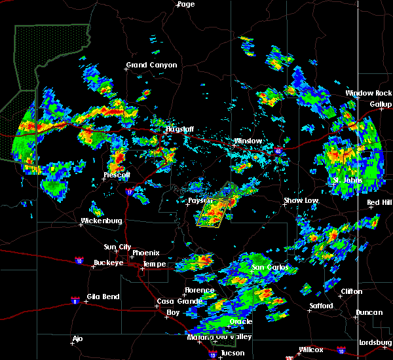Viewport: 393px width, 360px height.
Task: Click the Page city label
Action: point(186,4)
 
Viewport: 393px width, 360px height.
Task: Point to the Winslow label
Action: point(248,141)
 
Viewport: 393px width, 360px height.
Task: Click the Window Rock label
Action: point(369,93)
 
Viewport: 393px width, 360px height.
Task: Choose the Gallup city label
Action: point(381,104)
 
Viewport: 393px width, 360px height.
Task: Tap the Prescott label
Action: point(117,175)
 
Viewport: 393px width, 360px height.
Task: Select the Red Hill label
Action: point(379,202)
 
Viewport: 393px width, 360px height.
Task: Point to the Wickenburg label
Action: point(101,221)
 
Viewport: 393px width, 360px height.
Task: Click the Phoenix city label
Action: point(145,253)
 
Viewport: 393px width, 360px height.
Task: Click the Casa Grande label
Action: point(174,301)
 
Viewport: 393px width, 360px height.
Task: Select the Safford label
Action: point(322,306)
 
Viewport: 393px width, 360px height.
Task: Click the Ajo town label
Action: point(78,339)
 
